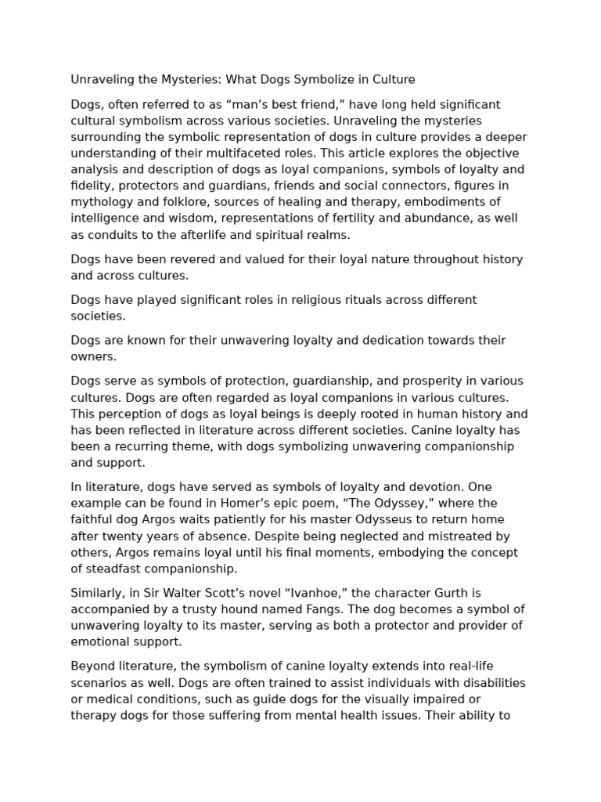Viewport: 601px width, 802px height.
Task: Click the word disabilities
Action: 485,683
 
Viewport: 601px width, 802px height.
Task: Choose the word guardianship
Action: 335,381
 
